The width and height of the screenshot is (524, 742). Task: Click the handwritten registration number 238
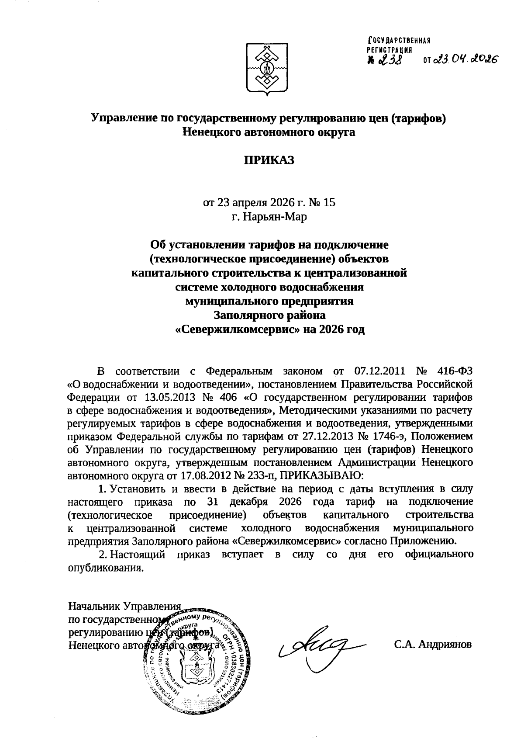pos(391,60)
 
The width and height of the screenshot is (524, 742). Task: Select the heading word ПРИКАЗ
pos(269,160)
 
